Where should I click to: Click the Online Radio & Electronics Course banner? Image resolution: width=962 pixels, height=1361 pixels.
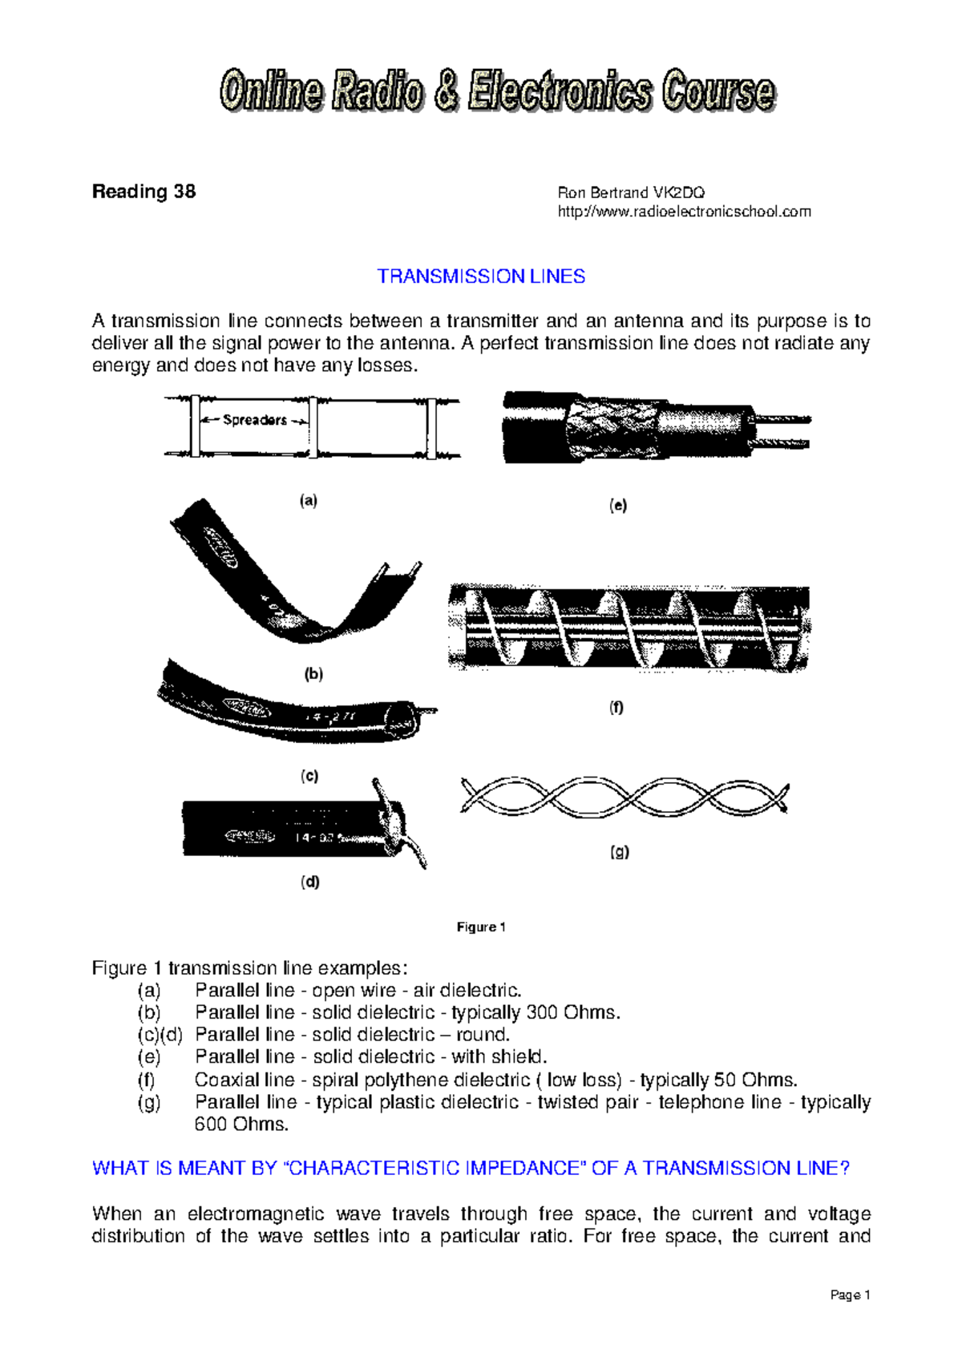497,91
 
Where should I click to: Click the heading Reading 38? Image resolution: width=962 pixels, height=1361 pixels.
143,192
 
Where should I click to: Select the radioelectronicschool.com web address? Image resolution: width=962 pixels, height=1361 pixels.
684,212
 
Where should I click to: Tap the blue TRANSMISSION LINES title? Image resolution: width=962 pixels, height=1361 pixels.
481,277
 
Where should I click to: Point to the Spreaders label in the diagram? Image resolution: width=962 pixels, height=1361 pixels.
254,420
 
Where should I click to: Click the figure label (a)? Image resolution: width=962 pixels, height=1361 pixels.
309,501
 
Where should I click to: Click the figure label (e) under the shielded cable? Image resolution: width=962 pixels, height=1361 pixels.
617,506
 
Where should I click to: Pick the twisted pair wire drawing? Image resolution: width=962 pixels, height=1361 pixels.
624,798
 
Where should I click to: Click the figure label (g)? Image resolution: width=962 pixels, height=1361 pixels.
619,852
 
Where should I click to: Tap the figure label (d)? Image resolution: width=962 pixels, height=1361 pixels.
310,882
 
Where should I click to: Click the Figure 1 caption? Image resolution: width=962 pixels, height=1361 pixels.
481,927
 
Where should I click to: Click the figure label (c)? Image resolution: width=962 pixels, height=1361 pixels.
309,776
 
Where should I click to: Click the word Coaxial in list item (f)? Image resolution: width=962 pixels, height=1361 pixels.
224,1080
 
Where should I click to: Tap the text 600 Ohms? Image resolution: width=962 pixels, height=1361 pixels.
240,1125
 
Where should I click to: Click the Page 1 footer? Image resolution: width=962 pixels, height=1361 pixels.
850,1295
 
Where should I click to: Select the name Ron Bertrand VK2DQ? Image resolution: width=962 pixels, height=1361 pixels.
631,193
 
